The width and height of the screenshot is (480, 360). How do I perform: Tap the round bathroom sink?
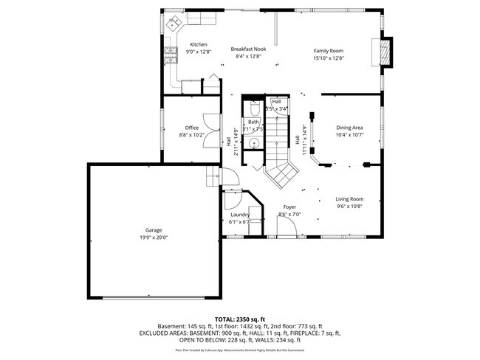[x=253, y=144]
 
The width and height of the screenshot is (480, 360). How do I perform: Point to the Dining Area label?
[x=349, y=128]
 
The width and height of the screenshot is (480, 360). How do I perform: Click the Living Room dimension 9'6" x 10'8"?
[x=349, y=207]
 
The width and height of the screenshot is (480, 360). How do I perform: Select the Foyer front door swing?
[x=287, y=229]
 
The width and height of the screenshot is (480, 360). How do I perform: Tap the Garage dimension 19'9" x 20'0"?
[x=154, y=238]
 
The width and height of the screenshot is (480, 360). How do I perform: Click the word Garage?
[x=154, y=230]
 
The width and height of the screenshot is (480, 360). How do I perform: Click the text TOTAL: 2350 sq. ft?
[x=239, y=318]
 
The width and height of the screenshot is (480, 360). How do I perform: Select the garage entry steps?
[x=211, y=176]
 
